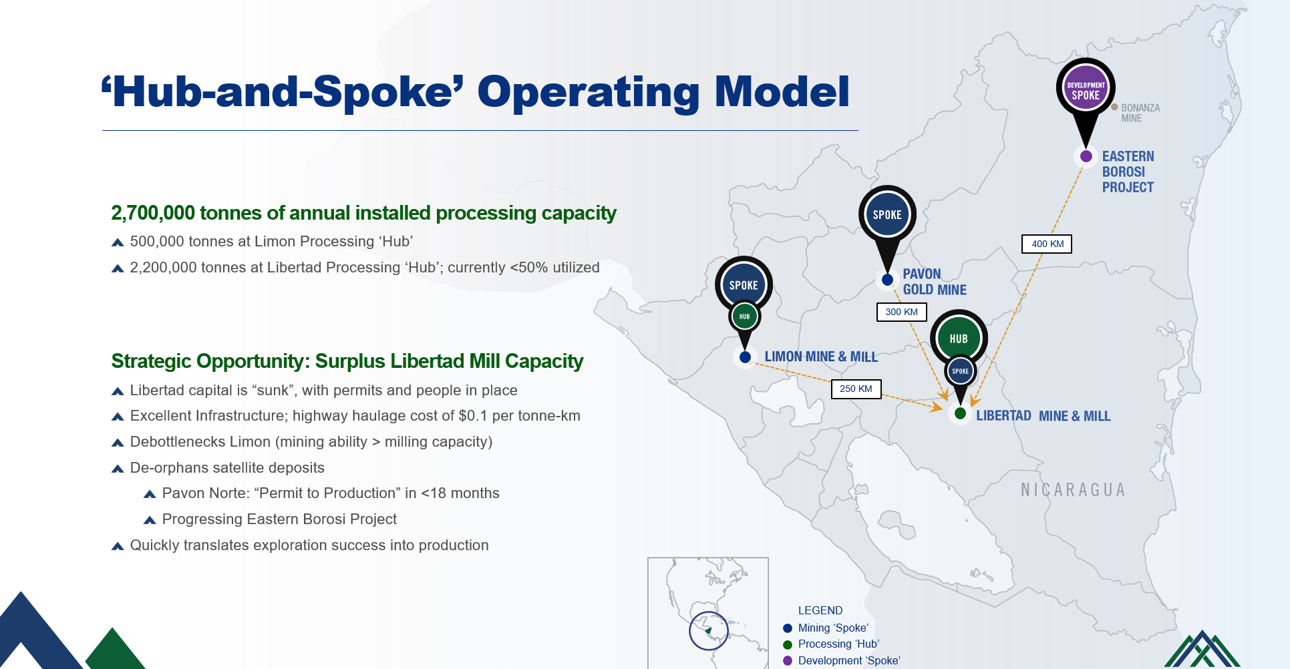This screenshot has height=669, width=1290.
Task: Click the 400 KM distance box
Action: (x=1047, y=244)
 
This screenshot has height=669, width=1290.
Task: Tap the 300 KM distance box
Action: (x=902, y=312)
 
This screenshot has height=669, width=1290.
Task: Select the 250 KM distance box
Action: (x=856, y=389)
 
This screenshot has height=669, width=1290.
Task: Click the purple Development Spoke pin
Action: (x=1086, y=93)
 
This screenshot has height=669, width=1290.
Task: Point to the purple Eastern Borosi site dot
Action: (x=1086, y=156)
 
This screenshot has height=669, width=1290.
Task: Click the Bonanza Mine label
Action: (x=1140, y=113)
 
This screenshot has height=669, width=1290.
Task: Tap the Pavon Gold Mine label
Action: (x=935, y=282)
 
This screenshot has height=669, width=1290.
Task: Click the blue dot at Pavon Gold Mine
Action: (x=887, y=280)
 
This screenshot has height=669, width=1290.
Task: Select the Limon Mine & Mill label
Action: (x=821, y=357)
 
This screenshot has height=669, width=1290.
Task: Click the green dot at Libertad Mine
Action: (x=960, y=413)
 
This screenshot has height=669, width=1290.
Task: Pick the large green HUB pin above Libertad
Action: (x=959, y=338)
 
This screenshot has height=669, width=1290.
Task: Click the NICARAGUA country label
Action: (x=1073, y=490)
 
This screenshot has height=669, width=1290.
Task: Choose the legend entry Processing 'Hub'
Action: (x=838, y=644)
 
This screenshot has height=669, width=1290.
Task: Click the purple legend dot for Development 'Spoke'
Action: (x=788, y=660)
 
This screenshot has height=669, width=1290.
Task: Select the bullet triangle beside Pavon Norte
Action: (x=150, y=494)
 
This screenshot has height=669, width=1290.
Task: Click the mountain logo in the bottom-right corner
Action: (x=1202, y=649)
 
